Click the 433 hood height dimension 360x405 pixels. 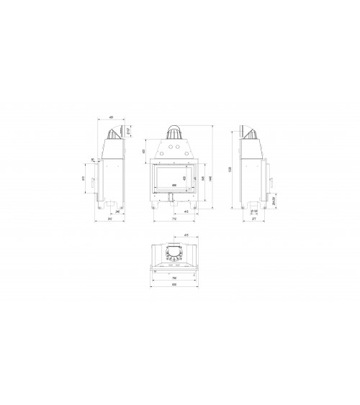click(144, 152)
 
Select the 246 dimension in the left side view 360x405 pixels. click(117, 212)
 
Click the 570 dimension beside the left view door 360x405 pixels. click(84, 178)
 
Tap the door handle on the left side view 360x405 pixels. click(92, 186)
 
